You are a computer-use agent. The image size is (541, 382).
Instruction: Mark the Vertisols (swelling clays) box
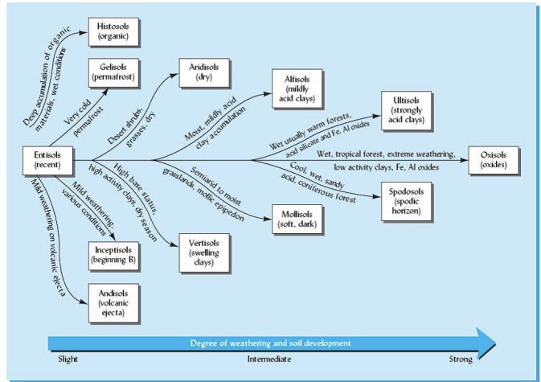203,250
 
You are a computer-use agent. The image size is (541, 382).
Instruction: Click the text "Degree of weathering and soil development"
271,343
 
